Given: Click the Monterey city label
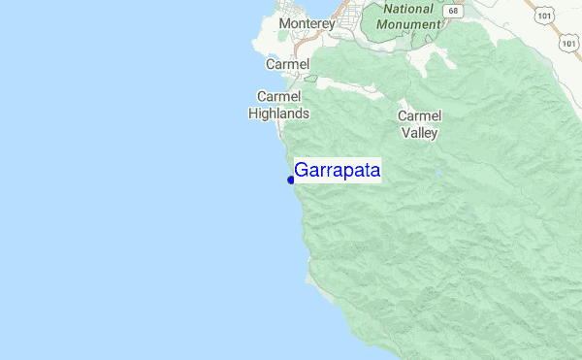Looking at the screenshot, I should point(306,23).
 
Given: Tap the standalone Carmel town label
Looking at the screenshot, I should point(287,64).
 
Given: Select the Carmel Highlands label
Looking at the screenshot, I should point(279,105).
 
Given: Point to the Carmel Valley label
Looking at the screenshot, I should point(419,124).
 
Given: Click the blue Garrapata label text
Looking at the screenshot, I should point(337,171).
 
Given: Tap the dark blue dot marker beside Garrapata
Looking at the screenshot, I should point(291,180).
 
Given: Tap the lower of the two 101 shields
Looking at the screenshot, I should point(567,44).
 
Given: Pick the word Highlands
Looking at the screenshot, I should point(279,114).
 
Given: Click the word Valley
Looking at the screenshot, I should point(419,133).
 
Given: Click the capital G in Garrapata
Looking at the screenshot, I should point(302,171).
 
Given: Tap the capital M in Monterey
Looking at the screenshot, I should point(284,23).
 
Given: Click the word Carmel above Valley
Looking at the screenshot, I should point(419,115).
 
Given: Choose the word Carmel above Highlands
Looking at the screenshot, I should point(279,96).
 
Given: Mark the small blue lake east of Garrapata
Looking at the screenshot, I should point(439,175).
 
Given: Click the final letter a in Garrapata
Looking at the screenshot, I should point(374,172).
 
